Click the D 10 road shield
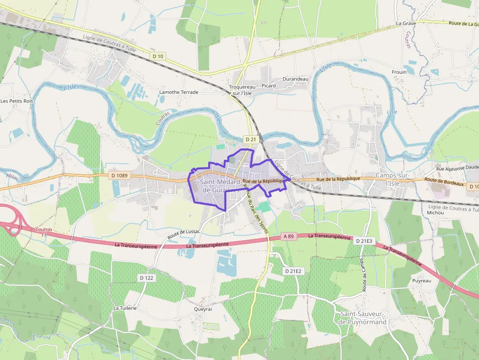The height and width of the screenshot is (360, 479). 158,56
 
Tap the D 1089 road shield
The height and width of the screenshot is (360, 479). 119,175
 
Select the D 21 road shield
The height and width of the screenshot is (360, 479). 251,139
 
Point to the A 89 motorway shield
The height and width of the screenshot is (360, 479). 289,236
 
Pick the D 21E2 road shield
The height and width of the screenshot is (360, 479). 294,271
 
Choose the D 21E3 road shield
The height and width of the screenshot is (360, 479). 364,241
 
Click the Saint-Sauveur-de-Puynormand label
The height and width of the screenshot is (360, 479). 363,318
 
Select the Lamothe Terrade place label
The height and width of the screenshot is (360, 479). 179,92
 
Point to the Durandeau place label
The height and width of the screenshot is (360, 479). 296,79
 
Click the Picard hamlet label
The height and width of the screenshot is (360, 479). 268,85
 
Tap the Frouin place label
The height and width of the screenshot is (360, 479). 399,72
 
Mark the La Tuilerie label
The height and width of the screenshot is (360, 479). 125,308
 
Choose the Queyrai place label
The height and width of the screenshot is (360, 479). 203,309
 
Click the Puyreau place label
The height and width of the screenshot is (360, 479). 421,281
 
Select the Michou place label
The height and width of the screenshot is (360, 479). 435,213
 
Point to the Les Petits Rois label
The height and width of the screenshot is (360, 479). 17,101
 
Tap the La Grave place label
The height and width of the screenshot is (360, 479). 406,23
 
